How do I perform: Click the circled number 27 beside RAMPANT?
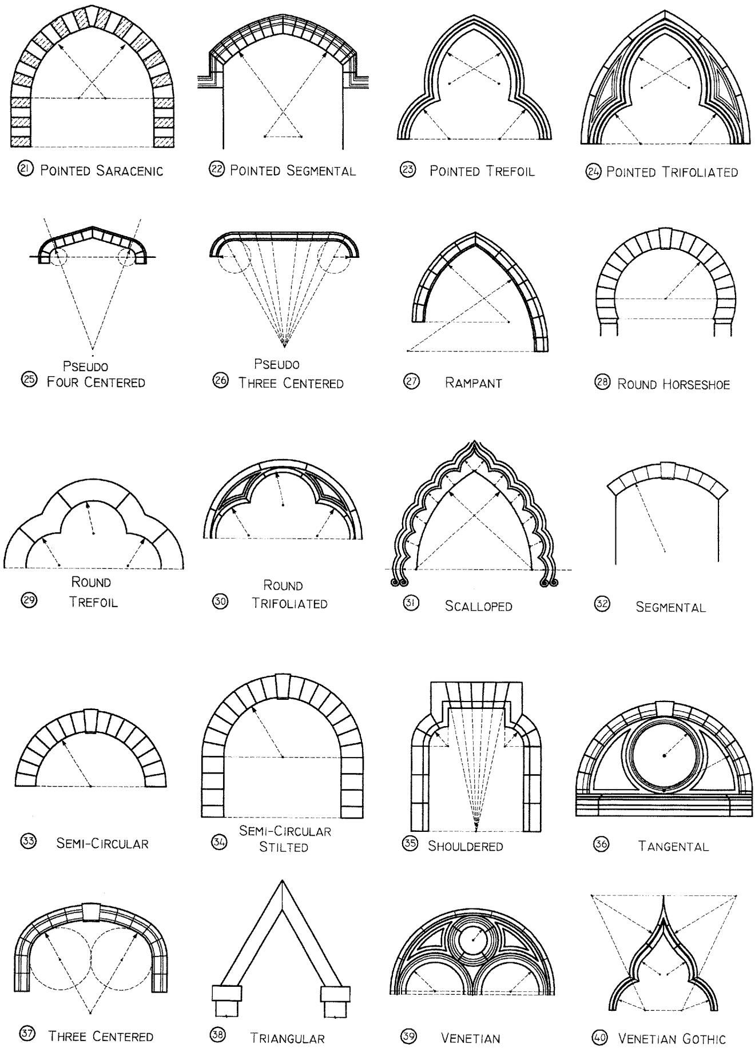pos(411,382)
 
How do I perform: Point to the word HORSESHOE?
pos(697,384)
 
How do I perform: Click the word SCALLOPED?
pos(479,606)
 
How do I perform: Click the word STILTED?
pos(284,846)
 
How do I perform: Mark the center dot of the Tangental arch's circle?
pos(664,755)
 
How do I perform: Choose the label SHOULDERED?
pos(466,846)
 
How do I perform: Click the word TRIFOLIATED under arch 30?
pos(290,603)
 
